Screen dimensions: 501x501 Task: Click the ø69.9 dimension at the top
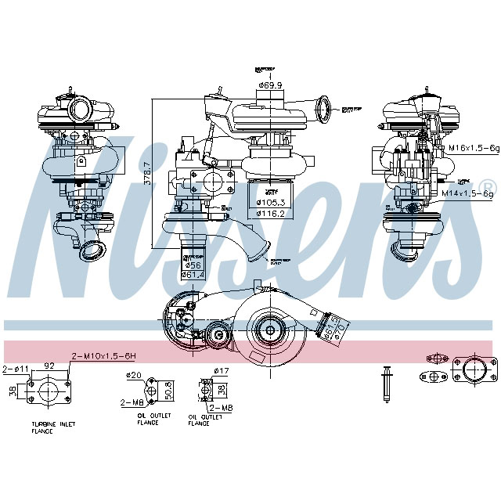tap(271, 85)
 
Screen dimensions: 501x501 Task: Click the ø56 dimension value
tap(191, 265)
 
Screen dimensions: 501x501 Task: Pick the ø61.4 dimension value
tap(193, 275)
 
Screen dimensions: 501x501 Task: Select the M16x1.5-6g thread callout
tap(474, 147)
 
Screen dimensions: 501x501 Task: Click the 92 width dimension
tap(49, 366)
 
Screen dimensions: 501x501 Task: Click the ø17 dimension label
tap(222, 370)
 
